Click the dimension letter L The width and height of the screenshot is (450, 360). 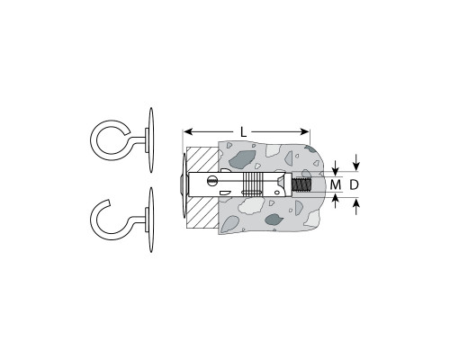[x=243, y=132]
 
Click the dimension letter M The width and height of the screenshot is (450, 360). [x=336, y=184]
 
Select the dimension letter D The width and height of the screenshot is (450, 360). [x=354, y=184]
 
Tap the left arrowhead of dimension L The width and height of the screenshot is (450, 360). [x=188, y=131]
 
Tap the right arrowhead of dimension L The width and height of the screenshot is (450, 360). [x=304, y=131]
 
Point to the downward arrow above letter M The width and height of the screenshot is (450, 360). [x=336, y=168]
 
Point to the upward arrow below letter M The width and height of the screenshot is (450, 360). [x=336, y=201]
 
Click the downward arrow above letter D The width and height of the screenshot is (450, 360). [x=356, y=162]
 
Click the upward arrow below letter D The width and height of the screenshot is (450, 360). [x=356, y=207]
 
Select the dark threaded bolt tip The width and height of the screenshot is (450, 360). [x=302, y=184]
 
